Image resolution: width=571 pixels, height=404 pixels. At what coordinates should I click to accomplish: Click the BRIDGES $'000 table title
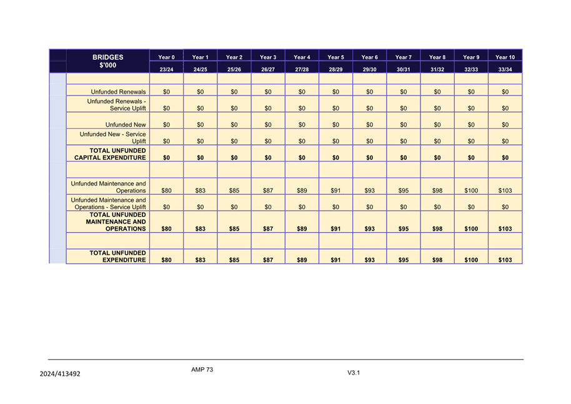click(x=108, y=61)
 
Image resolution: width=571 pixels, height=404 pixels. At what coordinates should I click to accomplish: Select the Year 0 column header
click(x=166, y=57)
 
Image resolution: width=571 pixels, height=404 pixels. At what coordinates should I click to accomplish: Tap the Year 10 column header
click(x=505, y=57)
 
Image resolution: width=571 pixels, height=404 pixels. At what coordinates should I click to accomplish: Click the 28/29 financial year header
click(x=335, y=69)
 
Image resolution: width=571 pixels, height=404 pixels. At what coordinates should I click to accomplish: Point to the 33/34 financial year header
click(x=505, y=69)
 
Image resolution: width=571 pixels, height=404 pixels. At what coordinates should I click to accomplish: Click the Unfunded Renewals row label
click(x=118, y=92)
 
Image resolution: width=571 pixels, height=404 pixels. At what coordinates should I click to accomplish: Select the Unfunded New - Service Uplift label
click(x=113, y=137)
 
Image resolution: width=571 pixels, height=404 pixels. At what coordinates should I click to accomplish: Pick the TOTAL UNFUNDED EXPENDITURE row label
click(x=118, y=256)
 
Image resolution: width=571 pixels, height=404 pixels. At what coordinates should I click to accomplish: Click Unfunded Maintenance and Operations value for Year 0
click(x=166, y=190)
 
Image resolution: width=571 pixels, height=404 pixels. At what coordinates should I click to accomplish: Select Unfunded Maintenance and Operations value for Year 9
click(x=471, y=190)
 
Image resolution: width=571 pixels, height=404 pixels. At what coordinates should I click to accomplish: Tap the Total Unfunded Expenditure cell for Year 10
click(x=505, y=260)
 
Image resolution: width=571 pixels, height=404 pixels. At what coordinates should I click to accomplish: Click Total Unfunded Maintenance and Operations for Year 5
click(x=335, y=229)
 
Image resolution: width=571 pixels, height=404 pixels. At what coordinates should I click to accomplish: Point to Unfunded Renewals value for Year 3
click(x=268, y=92)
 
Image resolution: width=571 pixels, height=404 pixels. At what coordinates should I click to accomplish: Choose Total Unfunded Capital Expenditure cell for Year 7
click(x=404, y=158)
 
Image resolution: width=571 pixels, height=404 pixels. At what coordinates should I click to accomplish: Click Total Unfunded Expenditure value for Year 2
click(x=234, y=260)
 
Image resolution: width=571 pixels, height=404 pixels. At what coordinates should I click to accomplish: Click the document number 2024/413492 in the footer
click(x=60, y=374)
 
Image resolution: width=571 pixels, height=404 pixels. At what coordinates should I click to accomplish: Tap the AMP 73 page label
click(x=202, y=370)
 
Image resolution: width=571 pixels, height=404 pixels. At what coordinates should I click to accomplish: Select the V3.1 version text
click(x=354, y=373)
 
